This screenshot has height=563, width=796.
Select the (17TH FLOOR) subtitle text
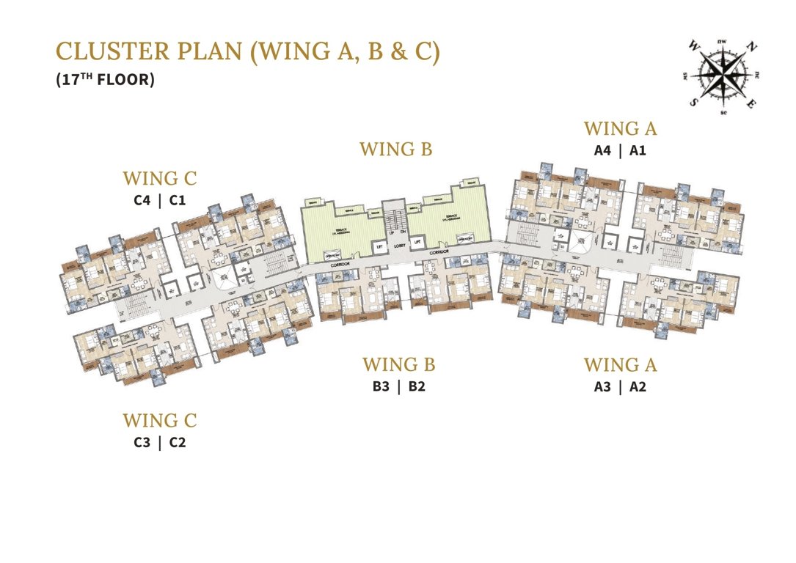[x=105, y=80]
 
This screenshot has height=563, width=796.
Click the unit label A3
[x=602, y=387]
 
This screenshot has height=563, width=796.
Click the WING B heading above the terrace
[x=396, y=150]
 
